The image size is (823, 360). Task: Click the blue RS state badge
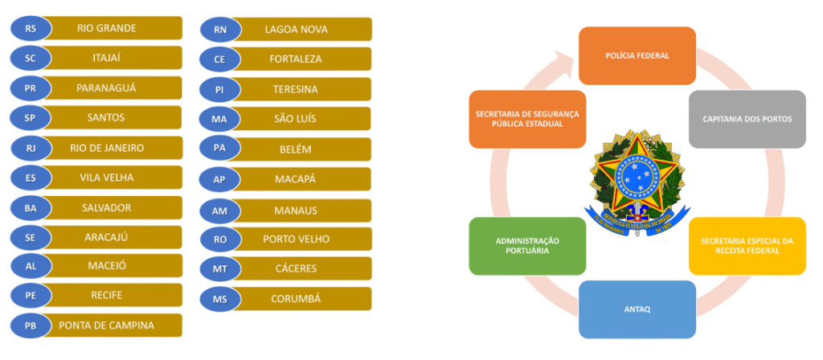point(31,28)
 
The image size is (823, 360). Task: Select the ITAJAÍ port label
point(106,58)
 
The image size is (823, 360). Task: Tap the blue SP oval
point(31,117)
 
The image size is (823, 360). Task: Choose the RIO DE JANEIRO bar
point(106,148)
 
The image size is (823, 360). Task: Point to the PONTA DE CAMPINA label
point(106,325)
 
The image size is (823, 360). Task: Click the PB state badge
point(31,325)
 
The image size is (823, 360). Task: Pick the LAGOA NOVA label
point(296,30)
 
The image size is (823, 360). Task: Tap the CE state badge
point(219,59)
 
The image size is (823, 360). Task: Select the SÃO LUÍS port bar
point(296,119)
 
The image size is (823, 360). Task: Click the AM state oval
point(219,211)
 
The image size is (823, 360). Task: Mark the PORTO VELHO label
point(296,239)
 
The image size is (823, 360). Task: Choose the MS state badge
point(219,300)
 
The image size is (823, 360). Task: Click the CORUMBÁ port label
point(296,299)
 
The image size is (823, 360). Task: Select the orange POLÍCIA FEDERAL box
point(637,55)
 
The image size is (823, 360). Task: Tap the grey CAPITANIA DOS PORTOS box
point(747,119)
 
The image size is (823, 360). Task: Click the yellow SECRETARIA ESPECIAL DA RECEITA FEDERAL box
point(747,246)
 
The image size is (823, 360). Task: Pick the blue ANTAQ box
point(637,309)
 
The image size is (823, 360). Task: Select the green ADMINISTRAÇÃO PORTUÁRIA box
point(527,246)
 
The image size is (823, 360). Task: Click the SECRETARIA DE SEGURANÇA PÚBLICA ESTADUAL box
point(527,119)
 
